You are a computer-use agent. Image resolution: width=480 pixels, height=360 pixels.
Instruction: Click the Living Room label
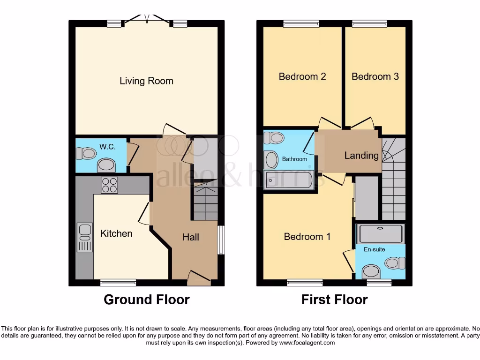(x=146, y=81)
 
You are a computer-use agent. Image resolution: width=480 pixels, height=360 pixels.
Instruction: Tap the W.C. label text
(x=107, y=147)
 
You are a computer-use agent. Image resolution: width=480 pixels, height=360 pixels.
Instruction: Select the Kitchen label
(x=116, y=233)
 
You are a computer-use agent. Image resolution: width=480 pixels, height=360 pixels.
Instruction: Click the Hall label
(x=191, y=237)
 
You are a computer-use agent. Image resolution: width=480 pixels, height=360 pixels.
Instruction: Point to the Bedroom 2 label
(x=302, y=76)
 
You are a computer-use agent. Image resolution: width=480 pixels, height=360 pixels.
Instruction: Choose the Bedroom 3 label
(x=375, y=76)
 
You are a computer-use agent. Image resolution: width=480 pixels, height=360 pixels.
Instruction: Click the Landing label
(x=361, y=156)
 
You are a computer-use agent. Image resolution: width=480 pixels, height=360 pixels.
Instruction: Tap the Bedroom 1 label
(x=307, y=237)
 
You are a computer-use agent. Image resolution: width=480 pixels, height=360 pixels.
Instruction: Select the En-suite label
(x=374, y=249)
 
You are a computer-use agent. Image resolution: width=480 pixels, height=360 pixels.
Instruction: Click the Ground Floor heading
(x=146, y=300)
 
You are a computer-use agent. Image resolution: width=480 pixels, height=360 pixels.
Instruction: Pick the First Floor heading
(x=334, y=300)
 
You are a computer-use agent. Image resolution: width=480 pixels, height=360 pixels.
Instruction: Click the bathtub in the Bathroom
(x=289, y=180)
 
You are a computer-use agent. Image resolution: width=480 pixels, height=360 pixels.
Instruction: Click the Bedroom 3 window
(x=369, y=23)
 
